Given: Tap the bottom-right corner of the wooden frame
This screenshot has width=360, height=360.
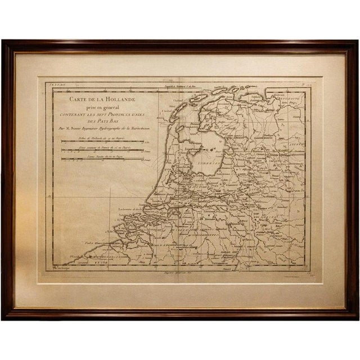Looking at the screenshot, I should (x=357, y=318).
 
